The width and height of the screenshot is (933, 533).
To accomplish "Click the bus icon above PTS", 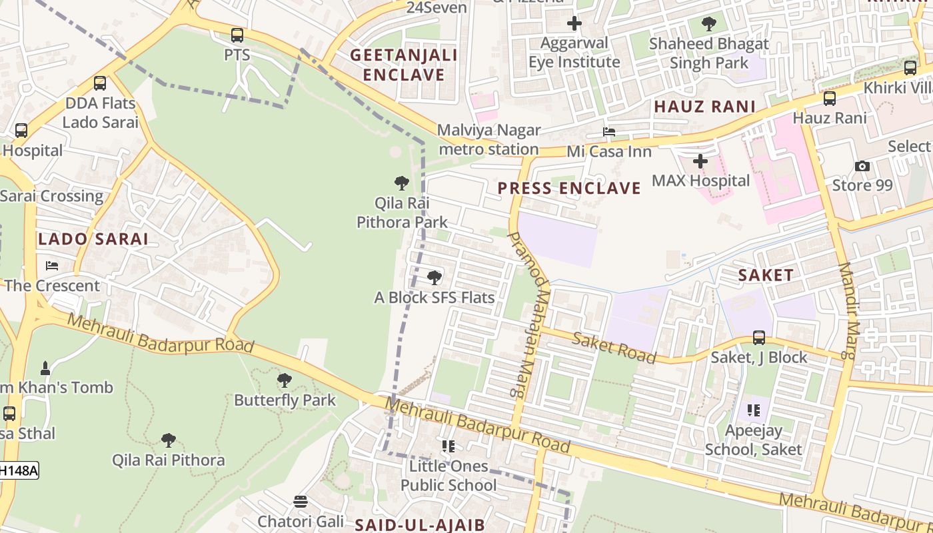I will (237, 35).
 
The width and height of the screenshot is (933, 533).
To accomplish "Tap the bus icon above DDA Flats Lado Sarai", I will (100, 83).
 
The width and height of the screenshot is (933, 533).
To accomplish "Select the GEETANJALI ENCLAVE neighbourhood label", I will (404, 65).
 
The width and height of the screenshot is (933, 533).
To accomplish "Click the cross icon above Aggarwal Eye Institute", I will (574, 24).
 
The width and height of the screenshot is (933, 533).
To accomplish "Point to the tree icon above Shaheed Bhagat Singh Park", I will (709, 25).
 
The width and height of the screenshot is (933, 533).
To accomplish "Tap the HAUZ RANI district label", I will (704, 107).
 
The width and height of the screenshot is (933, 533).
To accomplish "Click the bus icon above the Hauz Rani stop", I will (830, 99).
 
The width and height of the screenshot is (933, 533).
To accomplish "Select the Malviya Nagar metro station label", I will (489, 140).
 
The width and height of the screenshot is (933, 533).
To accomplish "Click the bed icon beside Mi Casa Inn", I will (609, 132).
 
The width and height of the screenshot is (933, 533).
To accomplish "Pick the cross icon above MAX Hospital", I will (700, 161).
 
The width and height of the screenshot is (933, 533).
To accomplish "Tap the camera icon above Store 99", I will (862, 166).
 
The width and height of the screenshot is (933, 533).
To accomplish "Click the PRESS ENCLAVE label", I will (569, 189).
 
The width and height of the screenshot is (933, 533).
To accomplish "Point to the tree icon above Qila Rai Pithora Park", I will (402, 183).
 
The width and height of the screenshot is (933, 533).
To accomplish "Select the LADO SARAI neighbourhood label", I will (93, 239).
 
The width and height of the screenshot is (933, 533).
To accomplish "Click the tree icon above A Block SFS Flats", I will (435, 277).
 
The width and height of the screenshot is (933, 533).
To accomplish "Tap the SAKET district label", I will (766, 275).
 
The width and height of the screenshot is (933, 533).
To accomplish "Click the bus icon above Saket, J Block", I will (759, 338).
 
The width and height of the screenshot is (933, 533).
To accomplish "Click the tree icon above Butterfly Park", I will (285, 380).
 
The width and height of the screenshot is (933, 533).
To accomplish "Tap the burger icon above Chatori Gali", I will (301, 501).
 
